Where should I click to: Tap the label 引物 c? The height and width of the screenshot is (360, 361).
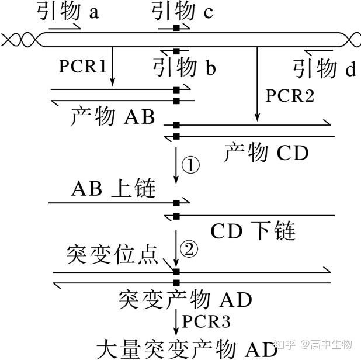[x=182, y=10]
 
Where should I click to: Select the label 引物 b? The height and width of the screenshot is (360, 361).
[x=184, y=68]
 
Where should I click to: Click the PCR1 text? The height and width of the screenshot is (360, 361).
[x=82, y=66]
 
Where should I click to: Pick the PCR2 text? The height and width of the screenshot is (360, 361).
[x=290, y=95]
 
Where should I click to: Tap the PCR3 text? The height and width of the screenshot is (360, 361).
[x=206, y=321]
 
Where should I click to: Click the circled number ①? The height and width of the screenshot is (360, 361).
[x=190, y=166]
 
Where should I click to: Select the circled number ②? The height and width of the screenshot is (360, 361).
[x=190, y=250]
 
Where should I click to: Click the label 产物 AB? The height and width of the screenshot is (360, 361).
[x=112, y=117]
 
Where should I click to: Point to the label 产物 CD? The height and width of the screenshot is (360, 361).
[x=266, y=153]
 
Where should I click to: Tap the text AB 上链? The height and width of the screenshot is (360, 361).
[x=113, y=189]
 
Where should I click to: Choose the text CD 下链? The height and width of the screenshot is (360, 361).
[x=253, y=231]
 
